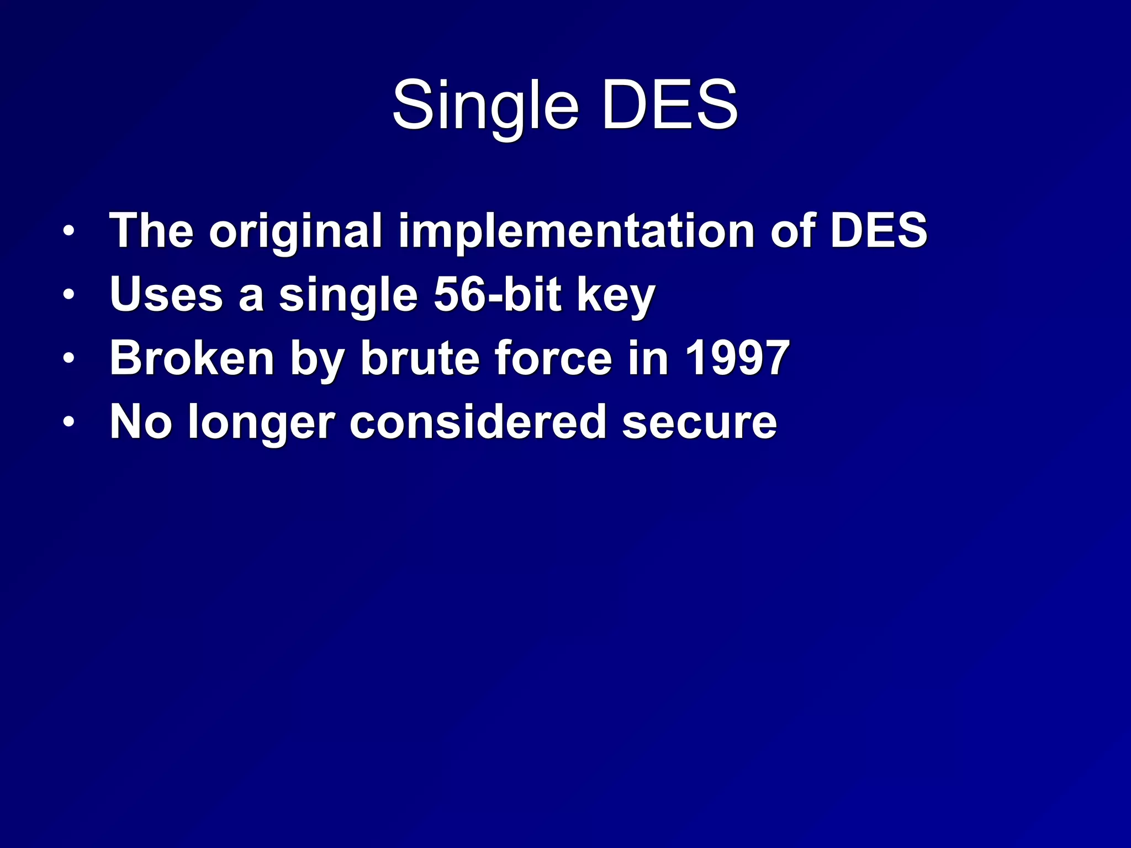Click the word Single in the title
(485, 105)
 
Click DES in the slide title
(670, 105)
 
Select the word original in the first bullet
(295, 231)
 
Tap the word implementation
(577, 231)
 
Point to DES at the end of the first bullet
(879, 231)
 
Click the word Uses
(166, 294)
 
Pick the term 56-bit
(498, 294)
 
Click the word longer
(261, 422)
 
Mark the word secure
(700, 422)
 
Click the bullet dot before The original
(68, 231)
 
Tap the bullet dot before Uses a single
(68, 294)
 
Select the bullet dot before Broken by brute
(68, 358)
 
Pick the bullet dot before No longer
(68, 422)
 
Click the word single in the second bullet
(348, 295)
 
